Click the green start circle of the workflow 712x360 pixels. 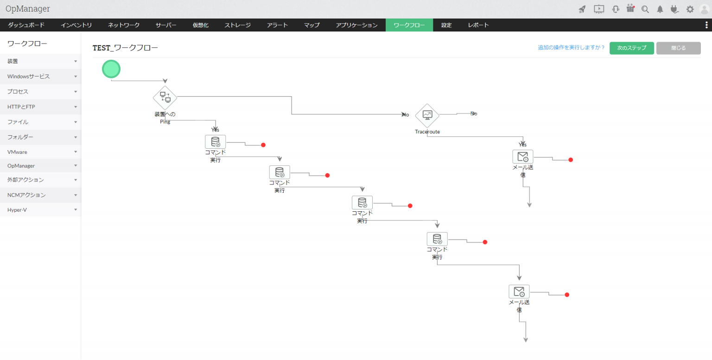[111, 69]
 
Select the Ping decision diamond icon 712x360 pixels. [165, 98]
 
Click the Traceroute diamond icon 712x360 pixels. [427, 115]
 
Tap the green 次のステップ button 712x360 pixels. [632, 48]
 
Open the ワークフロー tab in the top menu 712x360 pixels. [409, 25]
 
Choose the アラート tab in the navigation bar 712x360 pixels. [277, 25]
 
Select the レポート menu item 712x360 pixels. [478, 25]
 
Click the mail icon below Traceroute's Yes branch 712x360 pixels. [523, 157]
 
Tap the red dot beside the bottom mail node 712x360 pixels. [567, 295]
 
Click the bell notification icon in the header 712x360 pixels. [660, 9]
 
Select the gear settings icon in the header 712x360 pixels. [690, 9]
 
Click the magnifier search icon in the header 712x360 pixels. [645, 9]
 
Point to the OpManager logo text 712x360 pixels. [28, 9]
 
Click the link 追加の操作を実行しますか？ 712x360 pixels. [571, 47]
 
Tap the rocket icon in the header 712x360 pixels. [582, 9]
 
